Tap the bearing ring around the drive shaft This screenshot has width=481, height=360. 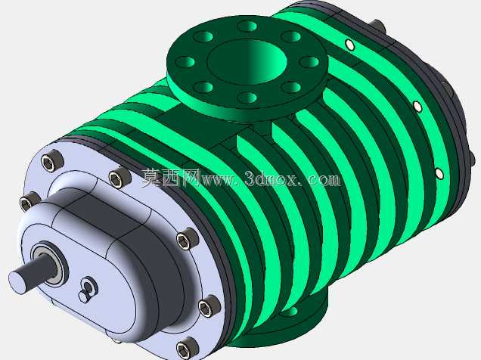[49, 263]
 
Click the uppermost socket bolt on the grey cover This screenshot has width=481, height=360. [51, 160]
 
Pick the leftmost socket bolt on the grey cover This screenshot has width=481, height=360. [29, 201]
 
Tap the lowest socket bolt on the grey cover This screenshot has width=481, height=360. [188, 349]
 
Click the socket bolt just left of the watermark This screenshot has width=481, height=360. [119, 178]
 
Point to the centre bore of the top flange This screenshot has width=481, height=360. [247, 61]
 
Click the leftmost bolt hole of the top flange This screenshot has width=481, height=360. [185, 61]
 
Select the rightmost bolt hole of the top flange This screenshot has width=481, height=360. [309, 61]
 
